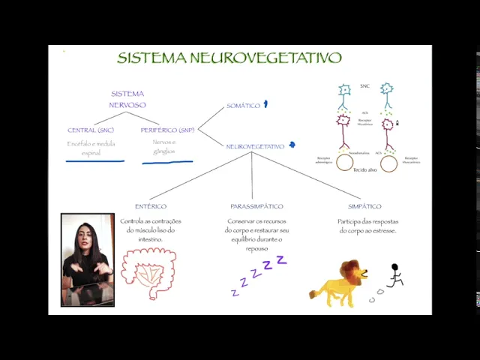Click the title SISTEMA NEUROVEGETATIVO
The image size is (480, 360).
point(229,58)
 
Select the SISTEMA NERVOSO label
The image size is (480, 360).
point(127,100)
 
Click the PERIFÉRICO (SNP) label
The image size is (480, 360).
point(168,130)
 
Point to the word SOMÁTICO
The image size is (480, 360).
point(243,106)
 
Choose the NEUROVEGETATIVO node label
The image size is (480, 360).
point(255,147)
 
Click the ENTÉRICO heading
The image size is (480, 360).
point(151,206)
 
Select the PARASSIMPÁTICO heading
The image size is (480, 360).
point(256,206)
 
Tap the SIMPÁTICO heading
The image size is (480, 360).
point(364,206)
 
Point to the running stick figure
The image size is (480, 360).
point(394,275)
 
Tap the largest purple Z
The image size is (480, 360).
point(281,259)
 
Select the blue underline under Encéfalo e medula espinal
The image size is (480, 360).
point(94,160)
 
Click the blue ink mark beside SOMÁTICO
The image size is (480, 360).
point(265,104)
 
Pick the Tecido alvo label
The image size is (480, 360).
point(365,170)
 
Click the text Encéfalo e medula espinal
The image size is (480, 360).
point(91,148)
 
